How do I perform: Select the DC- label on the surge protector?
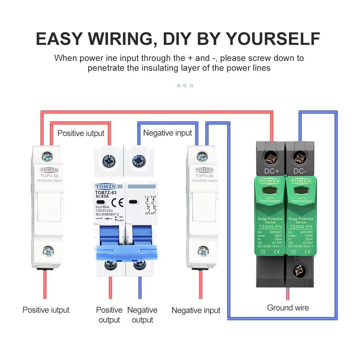(300, 171)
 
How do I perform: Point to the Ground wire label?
(288, 308)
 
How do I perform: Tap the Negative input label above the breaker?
(167, 133)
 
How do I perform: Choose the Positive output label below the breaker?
(109, 315)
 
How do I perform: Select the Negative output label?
(142, 315)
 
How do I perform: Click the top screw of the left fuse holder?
(47, 157)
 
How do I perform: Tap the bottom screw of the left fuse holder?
(48, 251)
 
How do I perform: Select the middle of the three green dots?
(185, 86)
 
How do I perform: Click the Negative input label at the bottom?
(196, 310)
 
